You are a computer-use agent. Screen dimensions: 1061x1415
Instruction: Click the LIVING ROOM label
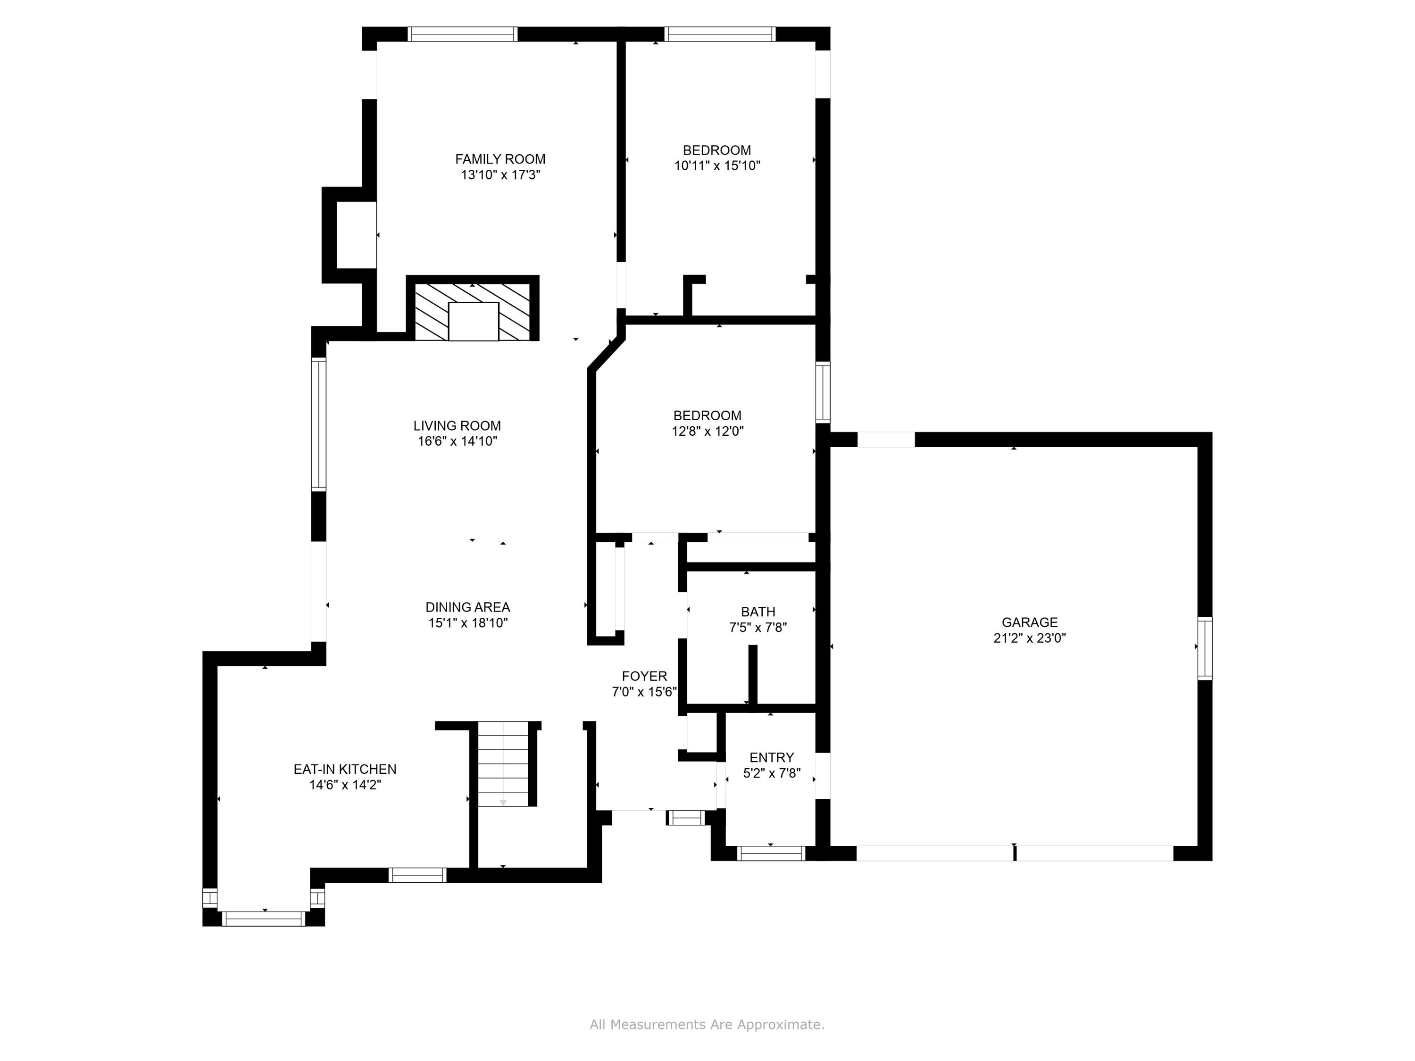(457, 426)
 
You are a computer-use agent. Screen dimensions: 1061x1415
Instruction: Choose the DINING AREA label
(467, 607)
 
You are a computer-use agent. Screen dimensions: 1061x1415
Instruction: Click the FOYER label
(644, 676)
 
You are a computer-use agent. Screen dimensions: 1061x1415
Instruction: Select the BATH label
(758, 612)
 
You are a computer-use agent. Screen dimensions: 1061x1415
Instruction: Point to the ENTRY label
(772, 757)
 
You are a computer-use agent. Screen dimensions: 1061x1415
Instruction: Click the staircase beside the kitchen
(503, 764)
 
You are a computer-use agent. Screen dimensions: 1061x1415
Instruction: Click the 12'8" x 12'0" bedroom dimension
(707, 431)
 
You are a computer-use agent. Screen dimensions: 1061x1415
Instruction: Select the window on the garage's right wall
(1205, 648)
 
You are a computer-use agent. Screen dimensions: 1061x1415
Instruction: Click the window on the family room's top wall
(463, 34)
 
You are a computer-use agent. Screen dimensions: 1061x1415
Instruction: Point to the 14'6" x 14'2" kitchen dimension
(345, 785)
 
